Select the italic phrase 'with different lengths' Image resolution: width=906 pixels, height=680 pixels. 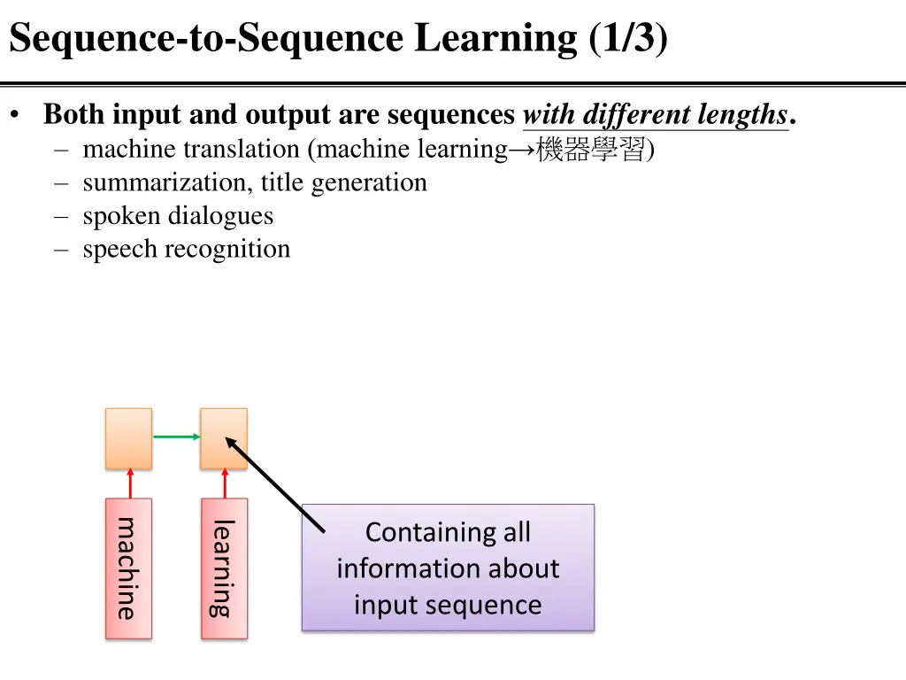pyautogui.click(x=655, y=115)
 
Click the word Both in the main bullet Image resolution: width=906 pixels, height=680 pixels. pyautogui.click(x=75, y=115)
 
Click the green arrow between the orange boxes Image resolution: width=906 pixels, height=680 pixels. pyautogui.click(x=176, y=437)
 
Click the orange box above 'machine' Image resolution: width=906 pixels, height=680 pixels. pyautogui.click(x=128, y=438)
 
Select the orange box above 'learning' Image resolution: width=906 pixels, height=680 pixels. pyautogui.click(x=224, y=438)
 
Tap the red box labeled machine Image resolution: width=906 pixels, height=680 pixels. pyautogui.click(x=128, y=568)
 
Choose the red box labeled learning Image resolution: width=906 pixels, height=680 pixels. pyautogui.click(x=224, y=568)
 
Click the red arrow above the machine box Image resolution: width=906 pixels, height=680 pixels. pyautogui.click(x=129, y=483)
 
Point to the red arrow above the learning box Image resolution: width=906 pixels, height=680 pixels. pyautogui.click(x=224, y=483)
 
